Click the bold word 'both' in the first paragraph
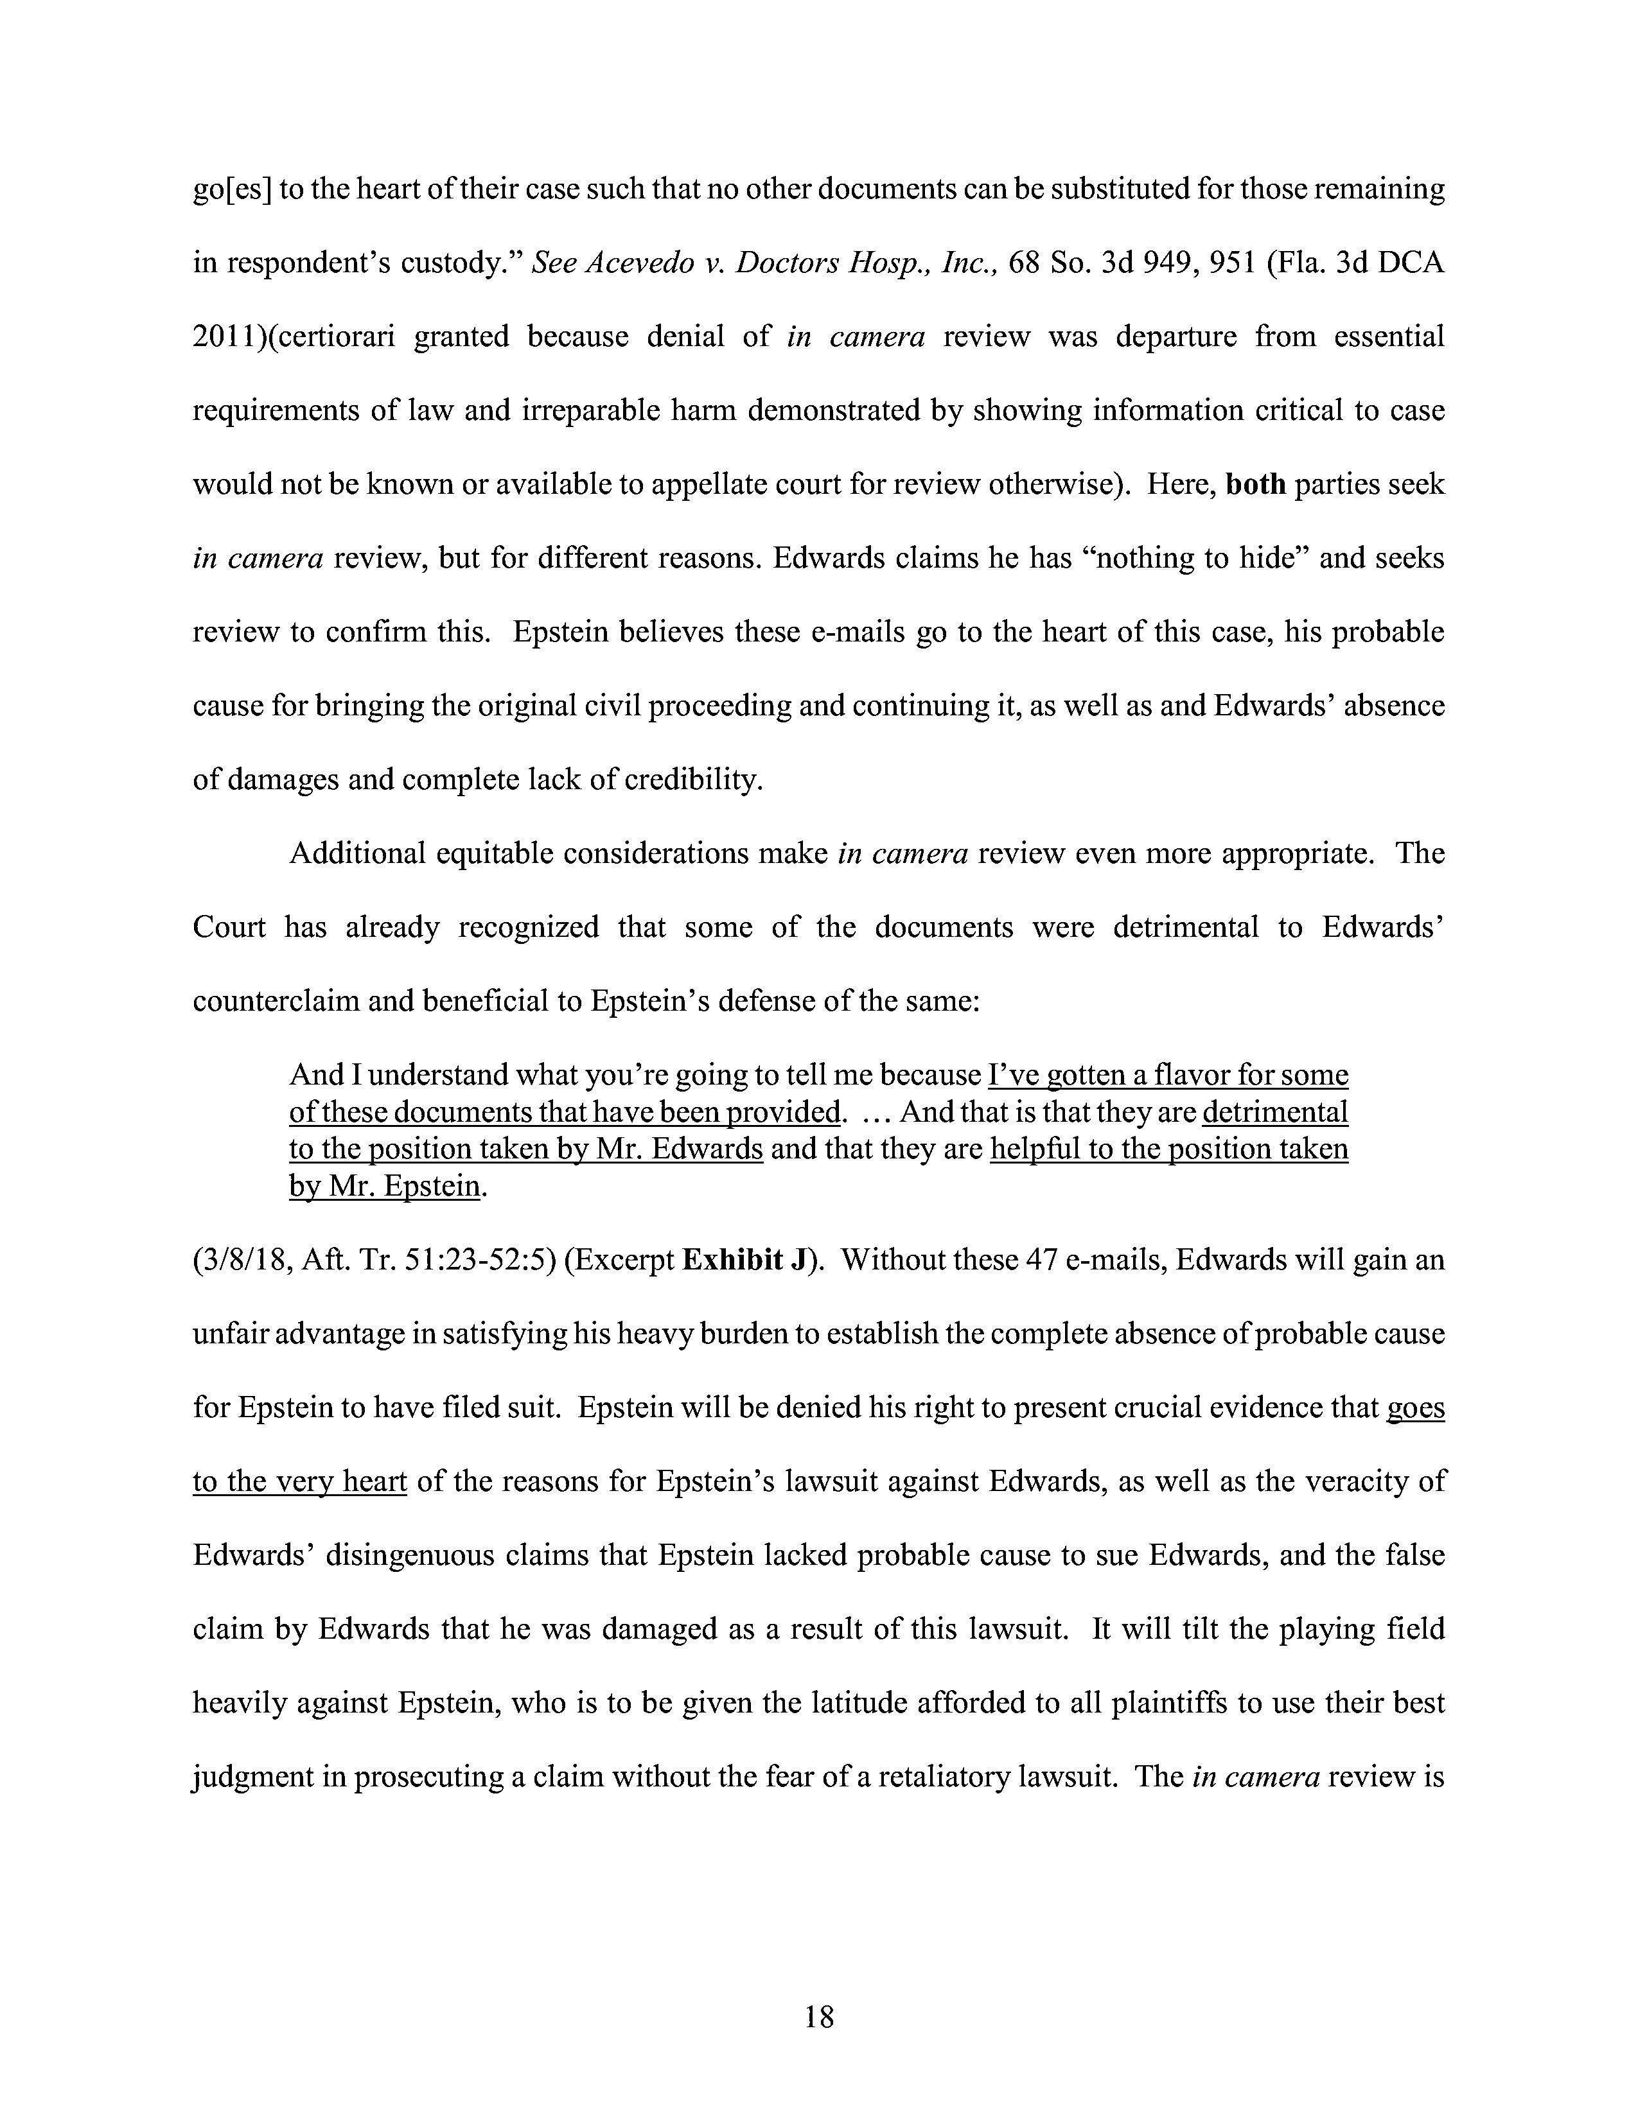pyautogui.click(x=1256, y=484)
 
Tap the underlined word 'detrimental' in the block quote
pyautogui.click(x=1275, y=1112)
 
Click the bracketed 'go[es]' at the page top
pyautogui.click(x=232, y=189)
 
